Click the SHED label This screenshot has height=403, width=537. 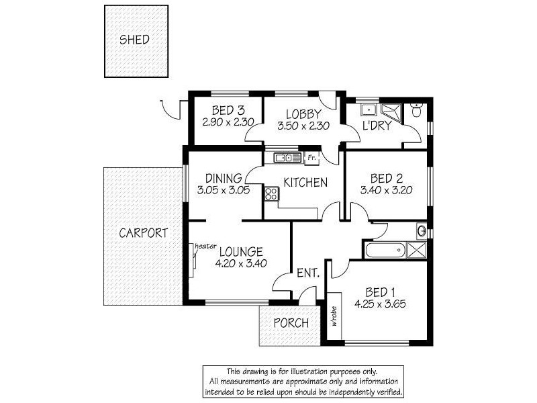click(134, 40)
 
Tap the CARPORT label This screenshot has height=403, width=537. click(143, 233)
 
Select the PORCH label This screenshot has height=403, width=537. click(291, 323)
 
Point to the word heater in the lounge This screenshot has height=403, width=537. click(205, 246)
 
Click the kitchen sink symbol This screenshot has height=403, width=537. click(287, 158)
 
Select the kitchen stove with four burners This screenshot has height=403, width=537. click(271, 193)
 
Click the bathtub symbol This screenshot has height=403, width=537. click(385, 250)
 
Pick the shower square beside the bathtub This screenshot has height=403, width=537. click(416, 250)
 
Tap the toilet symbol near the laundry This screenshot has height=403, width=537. click(417, 110)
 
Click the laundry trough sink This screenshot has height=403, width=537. click(369, 110)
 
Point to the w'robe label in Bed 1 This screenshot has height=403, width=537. click(334, 316)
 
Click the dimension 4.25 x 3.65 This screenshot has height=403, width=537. click(380, 304)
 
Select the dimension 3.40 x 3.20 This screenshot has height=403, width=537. click(387, 190)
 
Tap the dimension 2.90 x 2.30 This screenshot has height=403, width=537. click(228, 122)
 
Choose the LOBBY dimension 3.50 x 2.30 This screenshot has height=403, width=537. click(303, 126)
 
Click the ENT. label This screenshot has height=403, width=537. click(308, 273)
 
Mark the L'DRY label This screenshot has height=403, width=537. click(377, 126)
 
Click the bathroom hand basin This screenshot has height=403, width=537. click(422, 230)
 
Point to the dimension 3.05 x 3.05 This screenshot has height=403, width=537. click(224, 190)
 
